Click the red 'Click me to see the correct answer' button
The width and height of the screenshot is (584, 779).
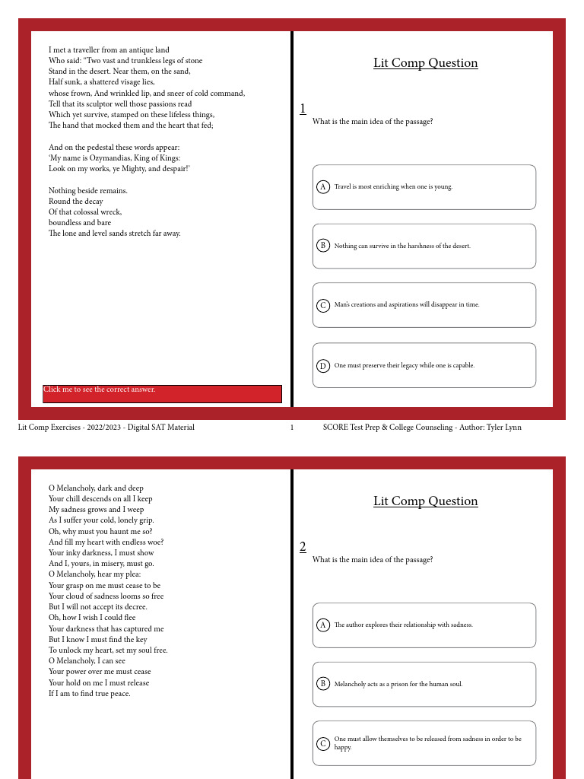pos(162,393)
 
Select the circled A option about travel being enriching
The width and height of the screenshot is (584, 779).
pos(322,186)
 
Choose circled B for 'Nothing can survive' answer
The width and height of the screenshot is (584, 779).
pos(322,246)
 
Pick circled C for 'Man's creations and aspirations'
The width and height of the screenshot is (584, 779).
pos(322,305)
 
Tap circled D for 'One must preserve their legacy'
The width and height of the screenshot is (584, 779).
pos(322,366)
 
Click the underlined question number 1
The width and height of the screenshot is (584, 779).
pos(303,109)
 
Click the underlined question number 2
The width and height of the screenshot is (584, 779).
pos(303,547)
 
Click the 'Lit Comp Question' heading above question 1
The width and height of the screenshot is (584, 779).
pos(425,63)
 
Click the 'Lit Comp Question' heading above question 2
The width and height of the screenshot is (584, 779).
pos(425,501)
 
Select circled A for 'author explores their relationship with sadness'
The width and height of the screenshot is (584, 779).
pos(322,625)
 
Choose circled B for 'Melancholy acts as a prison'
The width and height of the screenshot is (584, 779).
pos(322,684)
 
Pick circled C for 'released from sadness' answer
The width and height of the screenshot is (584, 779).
pos(322,743)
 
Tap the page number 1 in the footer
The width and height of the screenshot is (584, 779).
pos(292,428)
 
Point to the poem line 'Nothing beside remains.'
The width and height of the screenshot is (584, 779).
pos(88,191)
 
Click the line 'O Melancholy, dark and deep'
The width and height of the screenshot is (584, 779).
pos(96,488)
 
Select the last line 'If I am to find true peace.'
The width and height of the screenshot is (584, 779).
pos(89,694)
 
